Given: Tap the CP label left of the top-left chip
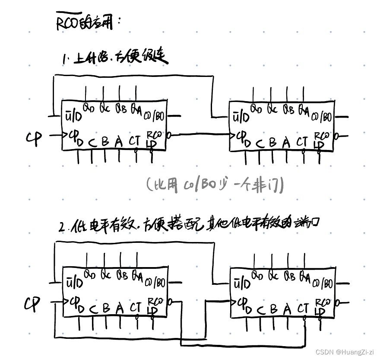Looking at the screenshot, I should click(x=34, y=138).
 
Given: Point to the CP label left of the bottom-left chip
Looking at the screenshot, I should click(x=32, y=304).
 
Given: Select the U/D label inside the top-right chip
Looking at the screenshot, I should click(x=241, y=117).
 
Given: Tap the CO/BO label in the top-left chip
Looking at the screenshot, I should click(x=155, y=116).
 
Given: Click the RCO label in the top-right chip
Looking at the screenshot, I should click(x=321, y=135).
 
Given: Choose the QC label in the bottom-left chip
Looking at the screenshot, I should click(x=106, y=274).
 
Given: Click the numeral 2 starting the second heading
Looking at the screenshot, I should click(x=61, y=226).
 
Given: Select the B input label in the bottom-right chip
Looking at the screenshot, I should click(x=273, y=309).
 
